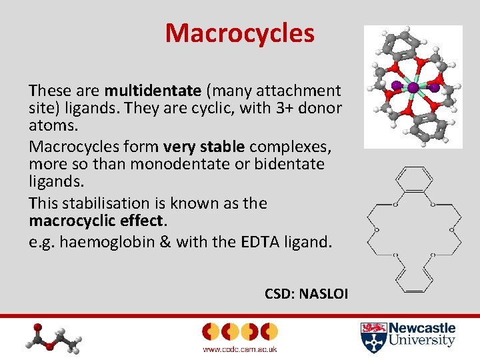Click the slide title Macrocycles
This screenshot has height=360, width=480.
pyautogui.click(x=239, y=33)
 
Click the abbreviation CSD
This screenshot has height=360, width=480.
pyautogui.click(x=278, y=293)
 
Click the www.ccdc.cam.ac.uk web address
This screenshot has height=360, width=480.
pyautogui.click(x=239, y=349)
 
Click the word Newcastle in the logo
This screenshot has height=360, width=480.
pyautogui.click(x=422, y=328)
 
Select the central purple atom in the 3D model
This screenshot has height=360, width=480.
pyautogui.click(x=413, y=87)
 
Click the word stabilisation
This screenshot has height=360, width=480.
pyautogui.click(x=103, y=203)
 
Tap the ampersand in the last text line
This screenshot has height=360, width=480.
pyautogui.click(x=162, y=241)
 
